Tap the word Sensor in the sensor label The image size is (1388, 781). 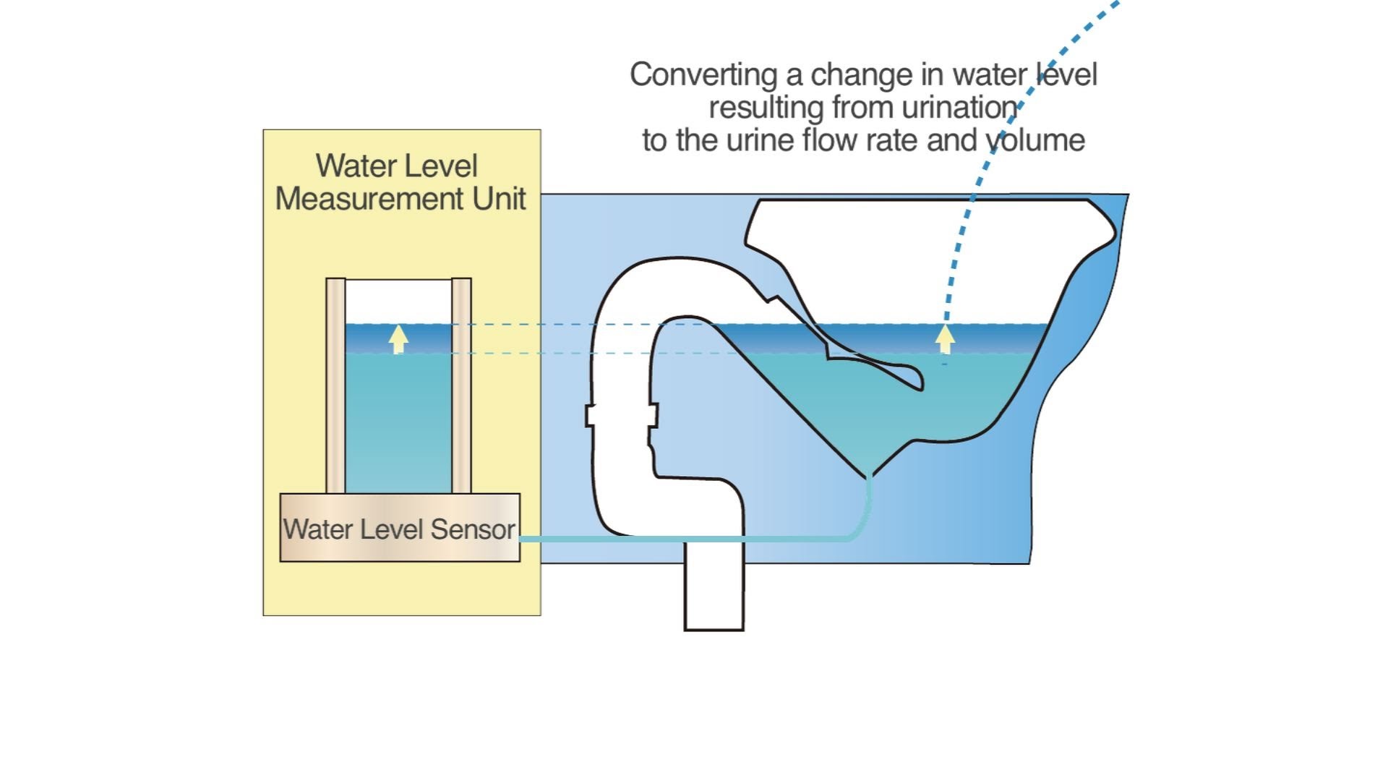(x=473, y=529)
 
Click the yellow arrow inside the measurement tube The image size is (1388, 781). (x=398, y=338)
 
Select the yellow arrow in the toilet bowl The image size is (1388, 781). (x=945, y=338)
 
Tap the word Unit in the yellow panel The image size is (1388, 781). (x=499, y=199)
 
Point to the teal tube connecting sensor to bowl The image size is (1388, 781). (x=687, y=539)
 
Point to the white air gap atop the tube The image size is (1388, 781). (x=398, y=301)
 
